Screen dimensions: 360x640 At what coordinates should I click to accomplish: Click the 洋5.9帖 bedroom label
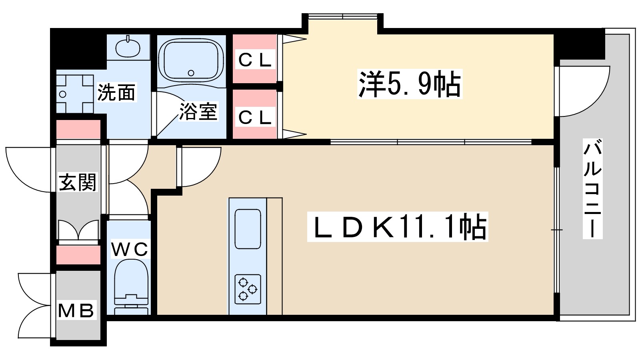tap(410, 84)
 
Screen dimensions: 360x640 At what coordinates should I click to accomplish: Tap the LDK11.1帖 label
tap(398, 227)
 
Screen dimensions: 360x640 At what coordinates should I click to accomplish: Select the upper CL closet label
tap(255, 60)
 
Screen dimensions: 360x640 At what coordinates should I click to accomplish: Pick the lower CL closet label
tap(255, 117)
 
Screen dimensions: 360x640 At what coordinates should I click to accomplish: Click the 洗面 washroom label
tap(116, 92)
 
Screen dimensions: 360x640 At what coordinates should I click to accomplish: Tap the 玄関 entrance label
tap(78, 182)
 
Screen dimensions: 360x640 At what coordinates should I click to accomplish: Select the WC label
tap(129, 249)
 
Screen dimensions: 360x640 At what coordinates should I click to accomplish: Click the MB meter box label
tap(76, 310)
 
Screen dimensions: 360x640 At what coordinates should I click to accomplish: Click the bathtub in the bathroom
tap(191, 60)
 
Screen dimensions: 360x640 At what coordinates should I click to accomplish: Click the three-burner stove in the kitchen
tap(248, 289)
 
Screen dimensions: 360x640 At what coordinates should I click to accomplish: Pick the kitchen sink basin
tap(248, 229)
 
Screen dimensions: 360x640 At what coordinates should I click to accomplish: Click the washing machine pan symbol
tap(75, 94)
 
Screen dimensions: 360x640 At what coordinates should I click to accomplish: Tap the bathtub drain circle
tap(191, 73)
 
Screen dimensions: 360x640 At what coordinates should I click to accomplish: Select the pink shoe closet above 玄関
tap(78, 129)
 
